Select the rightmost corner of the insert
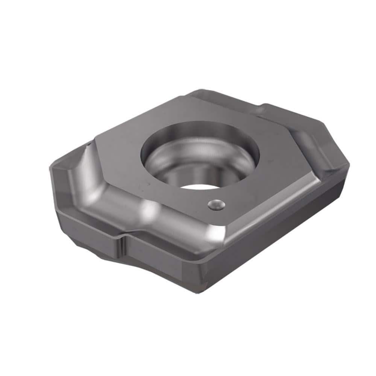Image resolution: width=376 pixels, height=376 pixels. point(349,165)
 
